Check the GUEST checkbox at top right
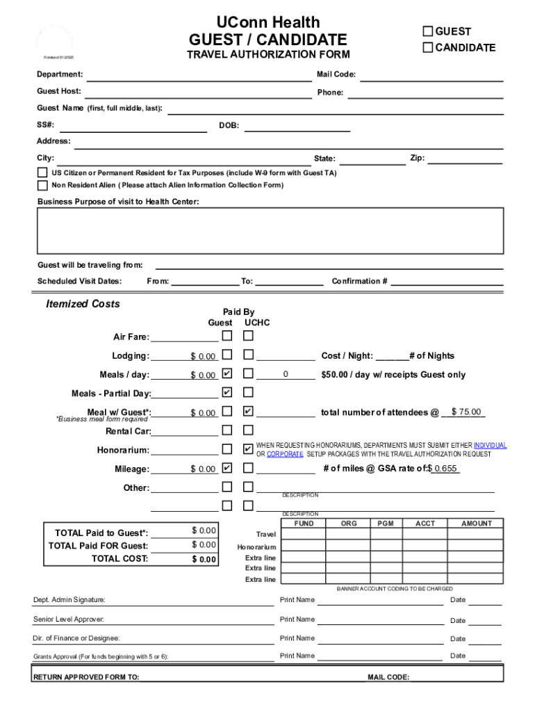428,31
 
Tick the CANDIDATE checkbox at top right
428,47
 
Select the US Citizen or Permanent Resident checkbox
42,172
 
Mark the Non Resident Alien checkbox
42,185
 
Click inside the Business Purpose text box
270,231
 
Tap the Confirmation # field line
447,282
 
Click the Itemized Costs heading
83,304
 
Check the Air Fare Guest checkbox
227,337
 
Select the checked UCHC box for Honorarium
248,449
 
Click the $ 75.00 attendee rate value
466,412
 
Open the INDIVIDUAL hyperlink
490,445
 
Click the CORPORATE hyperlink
284,454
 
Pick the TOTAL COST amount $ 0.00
204,559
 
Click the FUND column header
304,523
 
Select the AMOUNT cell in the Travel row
476,534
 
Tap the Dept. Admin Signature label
69,600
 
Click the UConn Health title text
267,23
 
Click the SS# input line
132,126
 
